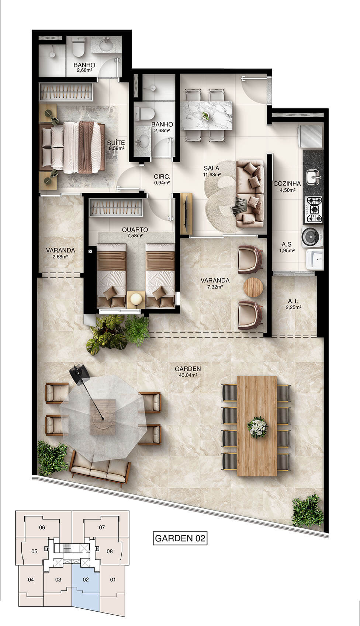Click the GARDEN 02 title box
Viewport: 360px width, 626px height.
coord(180,538)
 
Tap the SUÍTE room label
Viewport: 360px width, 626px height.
coord(116,143)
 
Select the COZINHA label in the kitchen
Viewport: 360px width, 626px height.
coord(287,184)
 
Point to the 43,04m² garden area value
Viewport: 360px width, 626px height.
coord(188,375)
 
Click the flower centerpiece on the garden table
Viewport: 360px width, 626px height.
coord(257,427)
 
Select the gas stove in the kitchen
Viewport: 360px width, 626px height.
coord(313,210)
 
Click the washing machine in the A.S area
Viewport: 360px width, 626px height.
coord(312,236)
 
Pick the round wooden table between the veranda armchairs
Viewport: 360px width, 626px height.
coord(253,287)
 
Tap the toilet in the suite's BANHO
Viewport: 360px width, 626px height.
coord(78,46)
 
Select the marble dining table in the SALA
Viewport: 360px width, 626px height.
coord(207,115)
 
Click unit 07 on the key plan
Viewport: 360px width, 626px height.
coord(102,527)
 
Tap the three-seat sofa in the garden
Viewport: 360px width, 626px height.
coord(100,470)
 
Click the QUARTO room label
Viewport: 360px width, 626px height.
coord(135,230)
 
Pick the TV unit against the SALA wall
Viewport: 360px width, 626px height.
coord(186,213)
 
